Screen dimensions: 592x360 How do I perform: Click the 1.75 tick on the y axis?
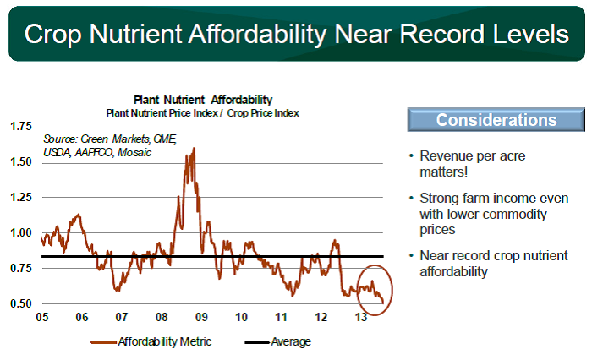tap(21, 126)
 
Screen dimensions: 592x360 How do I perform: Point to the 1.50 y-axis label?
tap(21, 162)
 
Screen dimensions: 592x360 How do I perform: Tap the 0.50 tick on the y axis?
tap(21, 303)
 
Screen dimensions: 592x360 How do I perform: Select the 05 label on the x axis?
tap(42, 317)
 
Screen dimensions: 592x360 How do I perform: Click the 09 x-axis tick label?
tap(201, 317)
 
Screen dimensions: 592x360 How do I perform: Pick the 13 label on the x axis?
tap(361, 317)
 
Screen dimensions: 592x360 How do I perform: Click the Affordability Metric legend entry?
tap(151, 342)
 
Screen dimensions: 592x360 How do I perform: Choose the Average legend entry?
tap(278, 342)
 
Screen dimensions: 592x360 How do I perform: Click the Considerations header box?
tap(496, 120)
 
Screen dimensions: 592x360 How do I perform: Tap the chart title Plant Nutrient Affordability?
tap(203, 100)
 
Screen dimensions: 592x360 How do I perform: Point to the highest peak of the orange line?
tap(194, 148)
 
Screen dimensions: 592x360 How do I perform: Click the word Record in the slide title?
tap(441, 34)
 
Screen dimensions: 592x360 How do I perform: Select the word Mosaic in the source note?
tap(134, 152)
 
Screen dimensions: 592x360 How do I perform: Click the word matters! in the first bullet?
tap(444, 172)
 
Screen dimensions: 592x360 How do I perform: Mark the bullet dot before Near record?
tap(411, 255)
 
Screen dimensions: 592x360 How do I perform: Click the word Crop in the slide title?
tap(52, 35)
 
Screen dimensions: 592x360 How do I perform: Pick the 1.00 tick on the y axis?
tap(21, 233)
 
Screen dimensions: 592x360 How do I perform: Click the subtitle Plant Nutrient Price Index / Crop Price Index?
tap(202, 113)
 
